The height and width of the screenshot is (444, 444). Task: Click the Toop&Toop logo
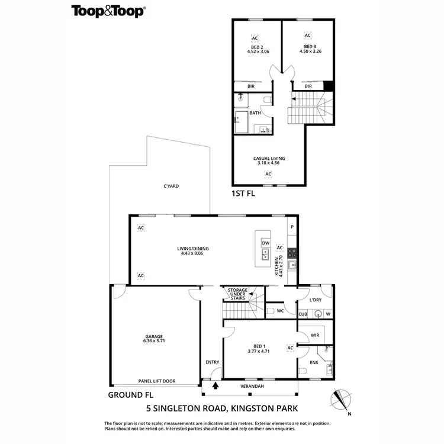click(109, 10)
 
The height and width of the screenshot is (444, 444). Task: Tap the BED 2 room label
click(258, 47)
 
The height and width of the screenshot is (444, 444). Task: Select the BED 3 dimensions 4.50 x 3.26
click(308, 52)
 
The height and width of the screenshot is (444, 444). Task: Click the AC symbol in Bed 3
click(307, 36)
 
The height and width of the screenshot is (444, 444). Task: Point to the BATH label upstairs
click(255, 113)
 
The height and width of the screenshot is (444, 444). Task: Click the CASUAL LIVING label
click(269, 158)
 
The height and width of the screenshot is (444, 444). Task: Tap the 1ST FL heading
click(243, 194)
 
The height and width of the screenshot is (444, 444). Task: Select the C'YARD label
click(171, 186)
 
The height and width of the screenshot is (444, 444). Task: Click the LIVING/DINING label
click(193, 249)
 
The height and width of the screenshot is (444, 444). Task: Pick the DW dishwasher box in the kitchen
click(266, 243)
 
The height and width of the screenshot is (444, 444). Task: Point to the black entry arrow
click(215, 385)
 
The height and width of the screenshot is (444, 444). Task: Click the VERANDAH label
click(252, 386)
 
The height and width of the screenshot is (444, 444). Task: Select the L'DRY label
click(316, 300)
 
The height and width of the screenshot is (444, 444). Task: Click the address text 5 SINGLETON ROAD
click(189, 408)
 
